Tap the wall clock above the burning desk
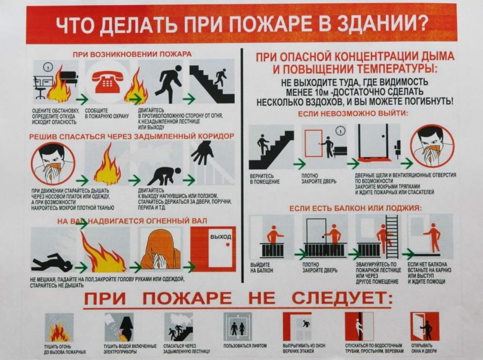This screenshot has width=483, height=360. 48,67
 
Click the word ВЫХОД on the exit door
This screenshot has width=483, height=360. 221,237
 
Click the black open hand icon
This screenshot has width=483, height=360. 202,153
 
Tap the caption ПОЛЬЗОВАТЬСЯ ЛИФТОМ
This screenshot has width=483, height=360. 245,346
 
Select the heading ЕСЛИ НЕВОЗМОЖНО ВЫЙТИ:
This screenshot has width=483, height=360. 353,113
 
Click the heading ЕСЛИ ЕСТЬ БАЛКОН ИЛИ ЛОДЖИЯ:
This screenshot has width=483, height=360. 355,208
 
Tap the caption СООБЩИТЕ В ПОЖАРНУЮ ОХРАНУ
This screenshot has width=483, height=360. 107,113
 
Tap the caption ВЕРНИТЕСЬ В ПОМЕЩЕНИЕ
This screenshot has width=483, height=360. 265,179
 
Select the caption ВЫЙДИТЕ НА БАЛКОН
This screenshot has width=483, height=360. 261,268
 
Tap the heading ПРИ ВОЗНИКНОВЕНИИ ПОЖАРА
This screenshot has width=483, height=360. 132,54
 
